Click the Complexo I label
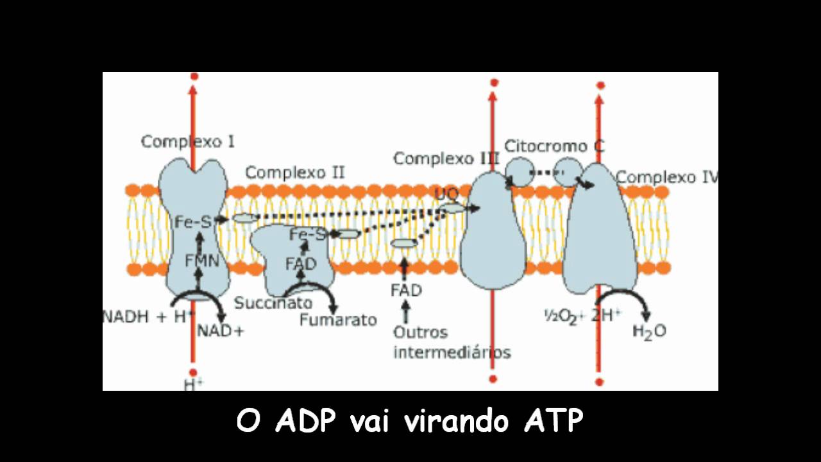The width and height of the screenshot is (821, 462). click(187, 142)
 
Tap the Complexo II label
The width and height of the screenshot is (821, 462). click(295, 173)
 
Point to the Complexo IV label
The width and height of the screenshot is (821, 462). click(666, 176)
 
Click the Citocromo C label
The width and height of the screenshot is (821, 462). click(554, 146)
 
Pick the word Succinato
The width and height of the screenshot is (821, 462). click(273, 303)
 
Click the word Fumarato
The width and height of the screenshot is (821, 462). click(338, 320)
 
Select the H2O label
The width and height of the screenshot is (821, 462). click(649, 331)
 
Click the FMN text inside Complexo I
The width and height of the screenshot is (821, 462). click(202, 261)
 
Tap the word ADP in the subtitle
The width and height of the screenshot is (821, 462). click(307, 422)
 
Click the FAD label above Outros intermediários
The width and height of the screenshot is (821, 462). click(406, 291)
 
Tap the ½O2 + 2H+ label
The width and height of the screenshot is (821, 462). click(582, 315)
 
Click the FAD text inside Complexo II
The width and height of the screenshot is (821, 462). click(301, 263)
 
